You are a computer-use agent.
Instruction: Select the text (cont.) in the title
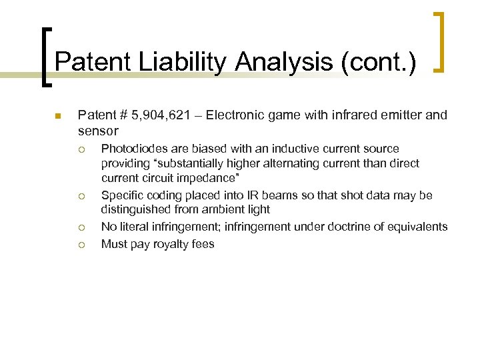(379, 63)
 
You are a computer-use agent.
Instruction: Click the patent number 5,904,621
(165, 115)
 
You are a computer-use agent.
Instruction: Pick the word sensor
(97, 131)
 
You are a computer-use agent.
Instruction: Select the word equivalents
(418, 227)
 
